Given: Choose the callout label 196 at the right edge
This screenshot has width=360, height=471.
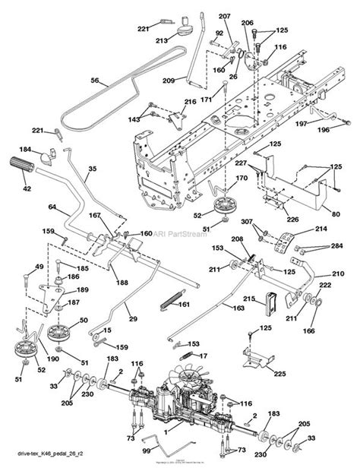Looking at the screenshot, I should pyautogui.click(x=346, y=129).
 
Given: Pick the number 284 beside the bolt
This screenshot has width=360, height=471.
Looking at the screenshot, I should pyautogui.click(x=336, y=245).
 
